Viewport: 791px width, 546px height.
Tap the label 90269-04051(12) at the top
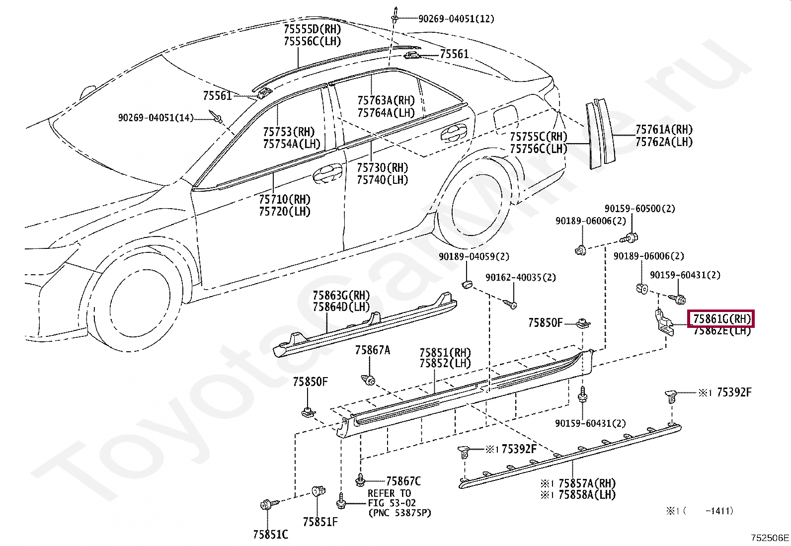[x=456, y=19]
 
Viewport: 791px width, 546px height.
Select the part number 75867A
[x=372, y=350]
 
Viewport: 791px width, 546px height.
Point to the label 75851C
[x=270, y=535]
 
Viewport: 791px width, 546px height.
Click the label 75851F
[x=320, y=522]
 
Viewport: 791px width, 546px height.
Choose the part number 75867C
[x=403, y=481]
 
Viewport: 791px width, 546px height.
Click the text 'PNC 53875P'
[x=399, y=513]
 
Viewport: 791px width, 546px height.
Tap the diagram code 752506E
[x=770, y=538]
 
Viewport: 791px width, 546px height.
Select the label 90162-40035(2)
[x=521, y=277]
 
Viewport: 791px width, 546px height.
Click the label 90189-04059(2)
[x=474, y=256]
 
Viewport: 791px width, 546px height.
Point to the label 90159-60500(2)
[x=639, y=209]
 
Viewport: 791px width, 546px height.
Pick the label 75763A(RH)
[x=386, y=101]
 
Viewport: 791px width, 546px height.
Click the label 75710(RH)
[x=284, y=199]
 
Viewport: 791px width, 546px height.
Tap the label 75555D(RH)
[x=312, y=29]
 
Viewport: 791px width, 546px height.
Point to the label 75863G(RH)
[x=341, y=296]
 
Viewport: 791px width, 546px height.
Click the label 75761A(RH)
[x=664, y=130]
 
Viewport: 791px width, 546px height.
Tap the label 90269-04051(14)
[x=156, y=118]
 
